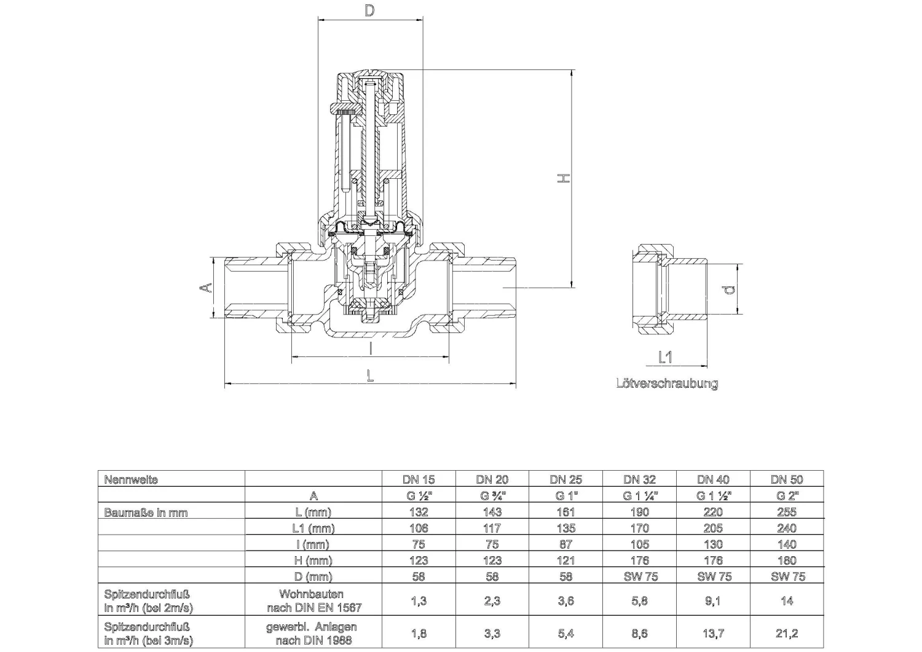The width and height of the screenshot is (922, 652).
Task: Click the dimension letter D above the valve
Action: click(369, 10)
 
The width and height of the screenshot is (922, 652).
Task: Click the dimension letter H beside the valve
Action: click(564, 178)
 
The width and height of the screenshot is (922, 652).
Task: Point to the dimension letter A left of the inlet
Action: click(208, 287)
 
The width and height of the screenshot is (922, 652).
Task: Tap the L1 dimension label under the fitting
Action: click(665, 357)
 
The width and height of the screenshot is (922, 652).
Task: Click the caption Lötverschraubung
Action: click(667, 383)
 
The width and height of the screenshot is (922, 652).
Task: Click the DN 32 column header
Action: click(639, 479)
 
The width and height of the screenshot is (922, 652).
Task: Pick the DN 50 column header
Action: click(787, 479)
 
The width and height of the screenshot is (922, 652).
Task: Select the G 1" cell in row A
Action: click(565, 495)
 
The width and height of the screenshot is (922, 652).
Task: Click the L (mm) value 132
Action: click(419, 512)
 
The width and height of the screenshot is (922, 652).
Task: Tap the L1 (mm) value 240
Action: click(787, 528)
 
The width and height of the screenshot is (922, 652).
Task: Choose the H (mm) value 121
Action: click(565, 560)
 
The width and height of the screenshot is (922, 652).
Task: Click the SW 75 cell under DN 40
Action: click(713, 576)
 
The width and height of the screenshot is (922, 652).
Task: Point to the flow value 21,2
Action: click(787, 633)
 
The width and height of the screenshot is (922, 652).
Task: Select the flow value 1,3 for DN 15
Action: click(419, 601)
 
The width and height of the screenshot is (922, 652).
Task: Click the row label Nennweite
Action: click(131, 479)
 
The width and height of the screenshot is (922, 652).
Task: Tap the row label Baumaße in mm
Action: click(146, 512)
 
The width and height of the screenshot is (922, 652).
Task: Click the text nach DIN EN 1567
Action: click(314, 608)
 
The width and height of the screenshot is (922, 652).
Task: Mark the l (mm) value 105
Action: click(639, 544)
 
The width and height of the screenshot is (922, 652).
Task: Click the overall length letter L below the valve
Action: click(369, 375)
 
